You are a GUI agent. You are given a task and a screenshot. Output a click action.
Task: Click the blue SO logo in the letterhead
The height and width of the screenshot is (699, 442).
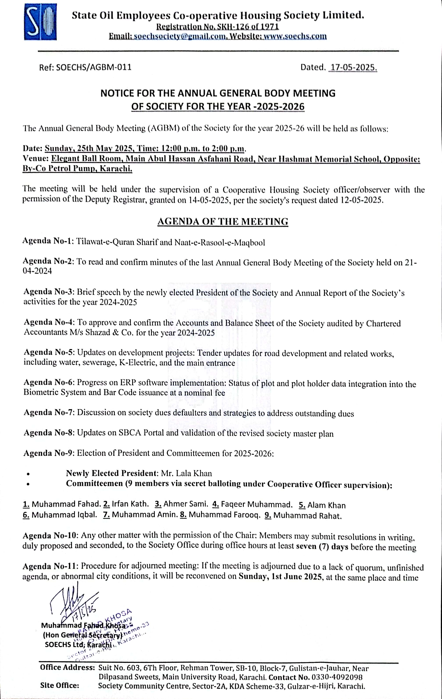(x=40, y=22)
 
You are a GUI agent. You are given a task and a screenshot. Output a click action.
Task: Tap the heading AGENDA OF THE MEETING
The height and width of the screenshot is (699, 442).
(x=223, y=221)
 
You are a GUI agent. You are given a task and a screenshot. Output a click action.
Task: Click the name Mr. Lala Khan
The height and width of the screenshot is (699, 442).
(x=186, y=473)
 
